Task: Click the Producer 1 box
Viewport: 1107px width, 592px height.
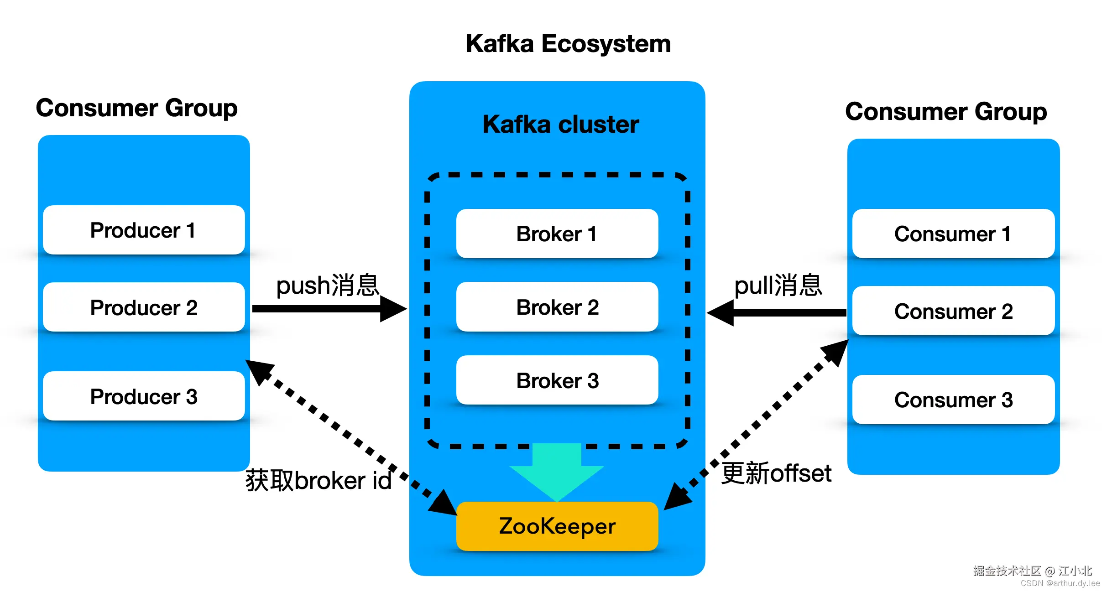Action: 144,230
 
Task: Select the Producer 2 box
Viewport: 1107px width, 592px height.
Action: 144,307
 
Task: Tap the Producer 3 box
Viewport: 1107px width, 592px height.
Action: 144,396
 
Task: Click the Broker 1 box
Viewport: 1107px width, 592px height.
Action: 557,234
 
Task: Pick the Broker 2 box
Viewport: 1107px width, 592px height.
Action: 557,307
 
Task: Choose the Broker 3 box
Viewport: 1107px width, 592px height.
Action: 557,380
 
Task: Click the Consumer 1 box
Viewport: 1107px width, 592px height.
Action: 953,234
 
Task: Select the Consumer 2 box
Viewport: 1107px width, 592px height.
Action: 953,311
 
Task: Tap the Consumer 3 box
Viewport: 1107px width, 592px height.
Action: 953,400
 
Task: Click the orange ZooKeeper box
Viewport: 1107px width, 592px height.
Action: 557,526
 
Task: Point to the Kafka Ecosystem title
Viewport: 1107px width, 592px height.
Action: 568,44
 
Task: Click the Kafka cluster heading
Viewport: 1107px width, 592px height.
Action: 561,125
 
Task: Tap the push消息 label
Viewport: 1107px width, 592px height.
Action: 328,286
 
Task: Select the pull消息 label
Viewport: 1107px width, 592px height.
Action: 778,286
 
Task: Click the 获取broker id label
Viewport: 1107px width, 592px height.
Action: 319,481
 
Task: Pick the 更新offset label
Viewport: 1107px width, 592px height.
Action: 776,473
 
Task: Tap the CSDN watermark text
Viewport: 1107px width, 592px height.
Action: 1060,583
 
